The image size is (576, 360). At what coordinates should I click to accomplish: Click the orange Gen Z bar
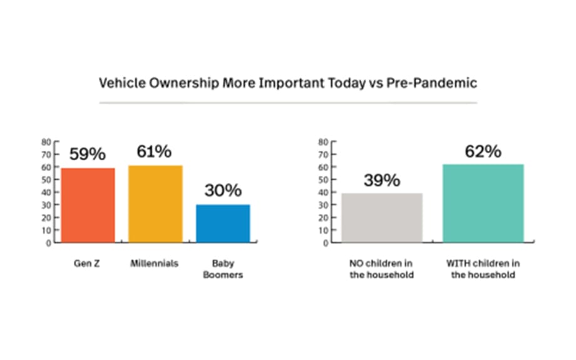(x=88, y=205)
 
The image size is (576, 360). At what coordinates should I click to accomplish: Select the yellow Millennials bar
(x=155, y=203)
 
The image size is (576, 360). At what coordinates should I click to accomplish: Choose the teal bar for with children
(x=483, y=203)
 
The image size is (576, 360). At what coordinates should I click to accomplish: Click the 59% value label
(x=87, y=155)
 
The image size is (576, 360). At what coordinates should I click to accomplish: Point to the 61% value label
(x=155, y=152)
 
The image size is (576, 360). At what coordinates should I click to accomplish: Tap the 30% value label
(x=223, y=191)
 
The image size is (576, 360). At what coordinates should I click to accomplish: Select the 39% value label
(x=382, y=180)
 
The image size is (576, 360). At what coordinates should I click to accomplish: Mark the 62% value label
(x=483, y=151)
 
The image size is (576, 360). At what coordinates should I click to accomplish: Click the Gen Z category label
(x=87, y=264)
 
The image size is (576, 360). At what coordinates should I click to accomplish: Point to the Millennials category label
(x=155, y=264)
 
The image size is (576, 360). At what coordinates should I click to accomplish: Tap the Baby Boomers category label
(x=223, y=269)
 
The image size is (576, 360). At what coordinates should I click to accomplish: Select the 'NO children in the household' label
(x=382, y=269)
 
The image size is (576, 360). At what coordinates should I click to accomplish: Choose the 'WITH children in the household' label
(x=483, y=269)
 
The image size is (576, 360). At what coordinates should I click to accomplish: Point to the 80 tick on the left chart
(x=46, y=142)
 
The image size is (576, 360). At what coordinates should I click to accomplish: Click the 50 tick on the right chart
(x=323, y=180)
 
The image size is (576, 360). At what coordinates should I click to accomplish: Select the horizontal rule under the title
(x=288, y=102)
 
